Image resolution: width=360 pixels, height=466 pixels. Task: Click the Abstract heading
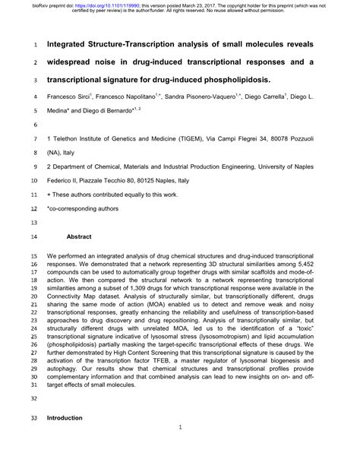pyautogui.click(x=79, y=237)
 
